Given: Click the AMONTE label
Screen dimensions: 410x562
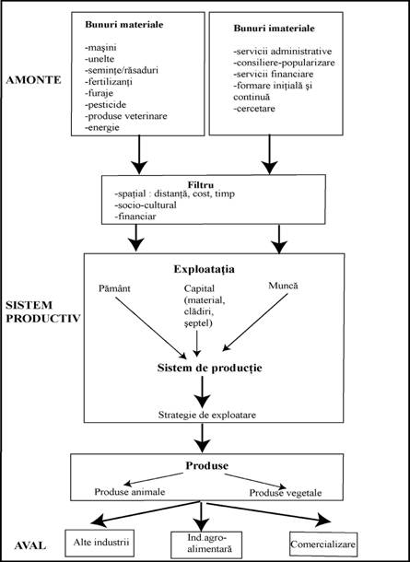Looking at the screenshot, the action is pyautogui.click(x=34, y=80).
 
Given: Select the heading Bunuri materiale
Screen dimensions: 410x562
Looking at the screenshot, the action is pyautogui.click(x=124, y=25).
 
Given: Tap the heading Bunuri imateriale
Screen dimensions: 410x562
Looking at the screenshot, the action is pyautogui.click(x=275, y=29).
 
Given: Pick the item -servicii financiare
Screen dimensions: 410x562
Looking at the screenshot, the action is pyautogui.click(x=273, y=75).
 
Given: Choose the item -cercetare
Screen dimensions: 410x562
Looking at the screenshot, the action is pyautogui.click(x=254, y=108).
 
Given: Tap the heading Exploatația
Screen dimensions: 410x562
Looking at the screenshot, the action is pyautogui.click(x=205, y=270).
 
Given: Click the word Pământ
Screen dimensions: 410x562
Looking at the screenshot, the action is pyautogui.click(x=114, y=289).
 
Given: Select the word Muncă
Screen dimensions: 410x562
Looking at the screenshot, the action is pyautogui.click(x=283, y=286).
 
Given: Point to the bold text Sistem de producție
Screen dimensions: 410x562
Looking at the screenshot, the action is pyautogui.click(x=210, y=369).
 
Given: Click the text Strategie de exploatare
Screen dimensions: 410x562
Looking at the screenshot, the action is pyautogui.click(x=206, y=416).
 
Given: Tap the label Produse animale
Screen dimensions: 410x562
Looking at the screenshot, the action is pyautogui.click(x=130, y=492).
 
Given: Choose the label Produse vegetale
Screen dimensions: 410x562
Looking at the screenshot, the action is pyautogui.click(x=286, y=493).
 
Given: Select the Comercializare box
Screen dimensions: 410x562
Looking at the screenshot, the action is pyautogui.click(x=322, y=544).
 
